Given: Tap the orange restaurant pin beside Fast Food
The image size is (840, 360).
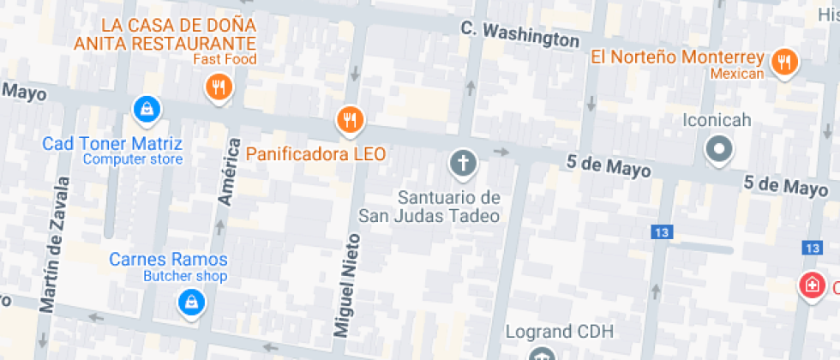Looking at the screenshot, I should pos(220,87).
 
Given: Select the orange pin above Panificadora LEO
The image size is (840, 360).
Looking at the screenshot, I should pos(349,120).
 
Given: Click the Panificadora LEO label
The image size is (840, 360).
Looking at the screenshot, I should pos(315,154).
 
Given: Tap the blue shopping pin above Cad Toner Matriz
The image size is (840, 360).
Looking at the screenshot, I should pos(147,109).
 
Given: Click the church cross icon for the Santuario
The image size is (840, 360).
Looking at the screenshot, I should pos(463,162).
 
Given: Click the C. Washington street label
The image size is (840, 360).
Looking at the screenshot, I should pos(519,34).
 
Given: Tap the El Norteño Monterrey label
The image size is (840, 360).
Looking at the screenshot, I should pos(677,57).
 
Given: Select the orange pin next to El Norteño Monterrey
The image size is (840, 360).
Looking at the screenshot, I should pos(783,62).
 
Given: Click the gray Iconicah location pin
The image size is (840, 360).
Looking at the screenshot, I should pos(718,151).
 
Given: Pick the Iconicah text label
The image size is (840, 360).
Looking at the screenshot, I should pos(717,120).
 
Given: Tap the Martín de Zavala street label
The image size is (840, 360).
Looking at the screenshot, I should pos(53,244).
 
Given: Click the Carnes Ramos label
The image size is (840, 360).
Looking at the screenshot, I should pos(169,260).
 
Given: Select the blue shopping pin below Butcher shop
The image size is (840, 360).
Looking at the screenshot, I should pos(189,302).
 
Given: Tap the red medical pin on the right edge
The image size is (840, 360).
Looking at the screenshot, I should pos(811,285).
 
